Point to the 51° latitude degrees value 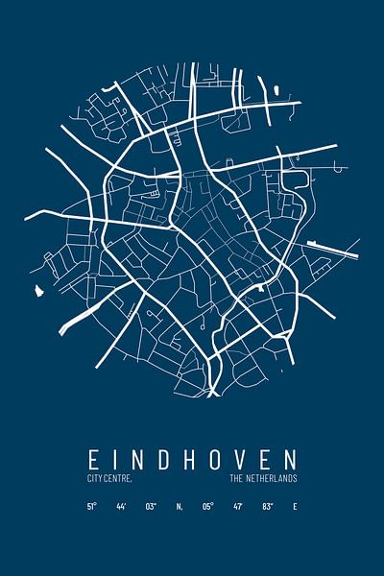[x=91, y=506]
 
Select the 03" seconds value [x=150, y=506]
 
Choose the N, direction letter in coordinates [x=180, y=506]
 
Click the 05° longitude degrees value [x=207, y=506]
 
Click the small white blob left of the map [x=38, y=289]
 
